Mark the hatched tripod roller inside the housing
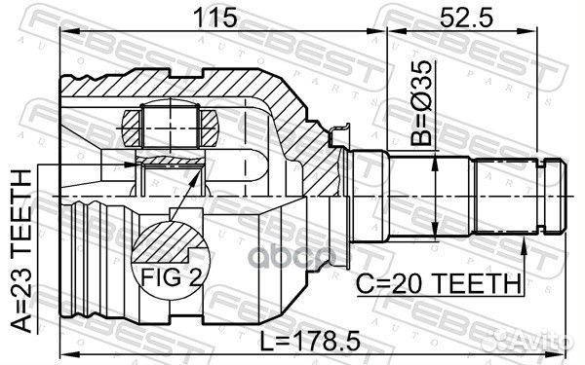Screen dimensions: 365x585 [x=171, y=124]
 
